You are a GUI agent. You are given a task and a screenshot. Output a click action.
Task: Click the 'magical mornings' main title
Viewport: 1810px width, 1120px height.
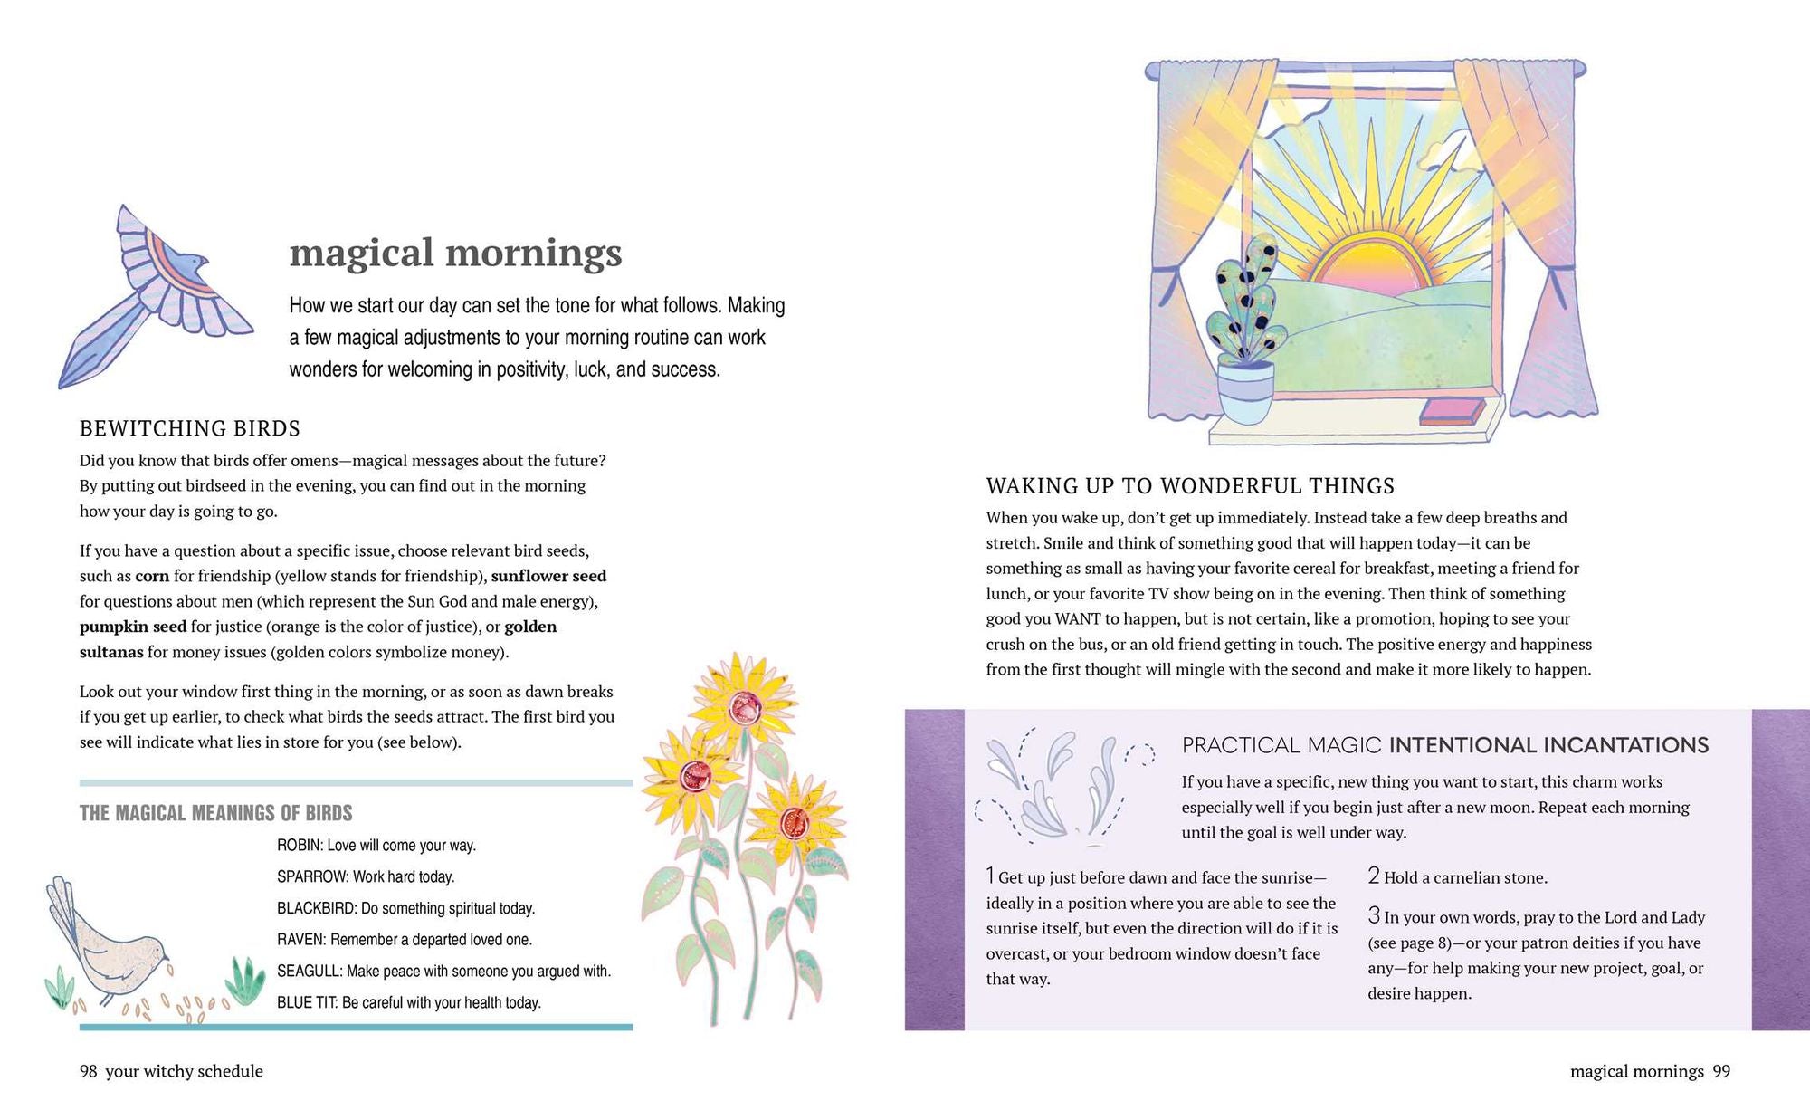pyautogui.click(x=455, y=253)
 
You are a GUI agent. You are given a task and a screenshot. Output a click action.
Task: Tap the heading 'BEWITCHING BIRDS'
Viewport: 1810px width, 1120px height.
pyautogui.click(x=190, y=428)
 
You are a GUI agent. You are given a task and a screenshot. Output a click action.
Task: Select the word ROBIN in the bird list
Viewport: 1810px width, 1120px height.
pyautogui.click(x=300, y=846)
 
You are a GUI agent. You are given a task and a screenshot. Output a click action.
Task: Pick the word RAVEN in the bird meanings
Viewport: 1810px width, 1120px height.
pyautogui.click(x=301, y=940)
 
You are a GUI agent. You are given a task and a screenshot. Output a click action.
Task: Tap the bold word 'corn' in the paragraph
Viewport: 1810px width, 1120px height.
pyautogui.click(x=152, y=576)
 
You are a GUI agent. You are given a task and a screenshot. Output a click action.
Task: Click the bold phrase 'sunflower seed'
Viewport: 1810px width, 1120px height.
pyautogui.click(x=548, y=576)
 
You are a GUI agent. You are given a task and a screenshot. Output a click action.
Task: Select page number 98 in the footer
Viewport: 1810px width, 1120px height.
pyautogui.click(x=88, y=1071)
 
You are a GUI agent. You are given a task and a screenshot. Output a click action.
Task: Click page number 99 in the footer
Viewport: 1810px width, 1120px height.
pyautogui.click(x=1721, y=1071)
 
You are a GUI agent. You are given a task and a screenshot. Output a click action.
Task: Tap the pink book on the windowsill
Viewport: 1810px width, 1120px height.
pyautogui.click(x=1452, y=412)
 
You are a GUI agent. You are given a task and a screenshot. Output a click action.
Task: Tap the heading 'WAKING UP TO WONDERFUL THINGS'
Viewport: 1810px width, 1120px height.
pyautogui.click(x=1190, y=486)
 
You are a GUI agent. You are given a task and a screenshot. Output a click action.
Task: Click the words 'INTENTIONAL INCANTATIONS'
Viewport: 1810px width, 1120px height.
pyautogui.click(x=1548, y=745)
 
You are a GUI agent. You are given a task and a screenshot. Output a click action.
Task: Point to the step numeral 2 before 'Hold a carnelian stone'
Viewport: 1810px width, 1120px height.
pyautogui.click(x=1374, y=876)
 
